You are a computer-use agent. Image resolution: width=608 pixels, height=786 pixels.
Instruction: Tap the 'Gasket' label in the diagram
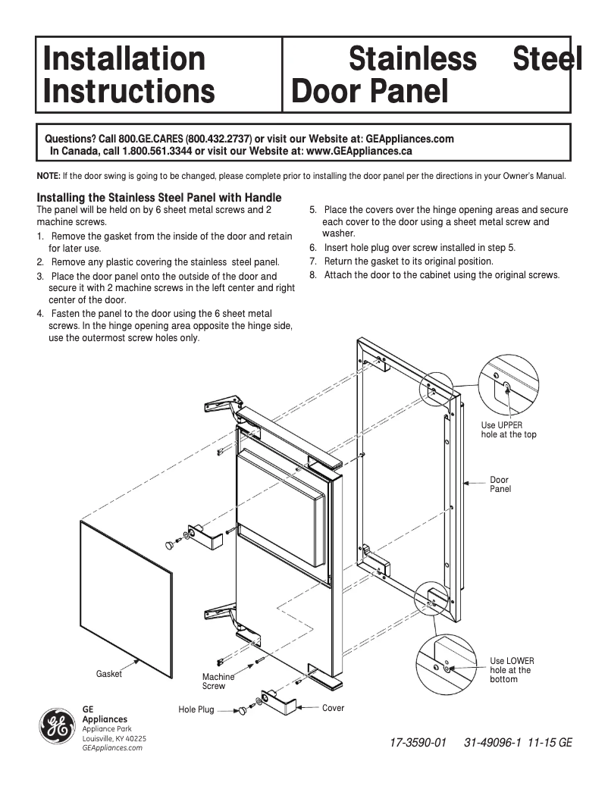pos(108,674)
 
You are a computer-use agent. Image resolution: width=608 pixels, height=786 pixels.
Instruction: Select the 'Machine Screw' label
pos(217,681)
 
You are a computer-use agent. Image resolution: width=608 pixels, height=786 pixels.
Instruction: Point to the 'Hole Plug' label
pos(196,709)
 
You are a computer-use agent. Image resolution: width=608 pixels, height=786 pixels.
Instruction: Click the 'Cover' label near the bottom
pos(333,708)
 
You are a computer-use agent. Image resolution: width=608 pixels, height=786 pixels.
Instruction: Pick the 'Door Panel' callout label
pos(500,484)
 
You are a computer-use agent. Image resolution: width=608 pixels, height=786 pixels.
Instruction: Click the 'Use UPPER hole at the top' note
pos(508,430)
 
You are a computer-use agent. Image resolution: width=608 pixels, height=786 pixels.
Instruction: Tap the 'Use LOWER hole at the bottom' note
pos(512,670)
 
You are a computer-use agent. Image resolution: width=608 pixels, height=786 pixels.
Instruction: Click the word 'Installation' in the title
pos(124,58)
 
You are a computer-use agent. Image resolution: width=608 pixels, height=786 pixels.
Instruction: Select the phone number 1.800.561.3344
pos(158,150)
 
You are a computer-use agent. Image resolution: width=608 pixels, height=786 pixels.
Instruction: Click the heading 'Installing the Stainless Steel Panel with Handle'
pos(159,198)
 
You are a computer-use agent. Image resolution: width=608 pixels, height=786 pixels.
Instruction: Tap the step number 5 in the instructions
pos(312,209)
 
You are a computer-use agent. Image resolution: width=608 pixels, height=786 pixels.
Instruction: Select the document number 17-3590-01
pos(418,744)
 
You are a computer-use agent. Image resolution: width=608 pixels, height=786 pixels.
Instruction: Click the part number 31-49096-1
pos(493,744)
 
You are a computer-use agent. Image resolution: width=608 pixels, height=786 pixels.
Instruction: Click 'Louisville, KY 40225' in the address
pos(114,738)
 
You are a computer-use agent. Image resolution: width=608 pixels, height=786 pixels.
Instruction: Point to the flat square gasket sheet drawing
pos(125,587)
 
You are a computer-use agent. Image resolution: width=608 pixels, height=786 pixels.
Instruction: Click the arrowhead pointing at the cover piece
pos(301,708)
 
